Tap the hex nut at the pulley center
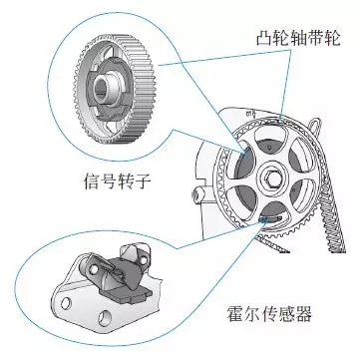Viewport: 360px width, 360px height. point(271,181)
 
